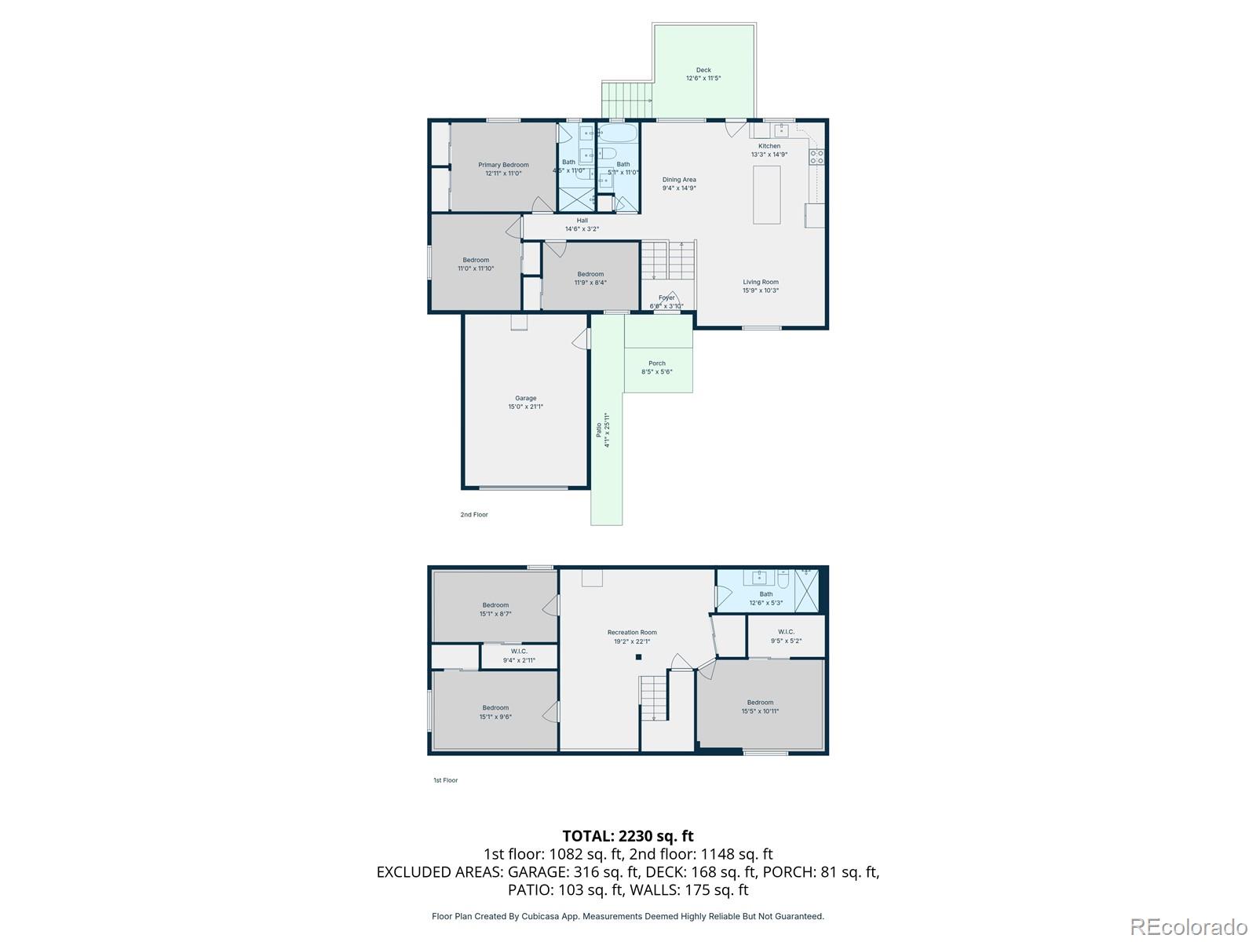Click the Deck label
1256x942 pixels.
tap(703, 71)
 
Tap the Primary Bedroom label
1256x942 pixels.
tap(503, 165)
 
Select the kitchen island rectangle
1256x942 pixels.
tap(767, 195)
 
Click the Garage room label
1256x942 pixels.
tap(525, 399)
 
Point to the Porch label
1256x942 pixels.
tap(657, 363)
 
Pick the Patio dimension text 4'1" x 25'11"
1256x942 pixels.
tap(607, 430)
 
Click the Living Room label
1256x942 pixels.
tap(761, 282)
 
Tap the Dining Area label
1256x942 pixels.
tap(679, 180)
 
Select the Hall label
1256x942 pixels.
tap(582, 221)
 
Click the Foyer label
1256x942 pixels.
tap(666, 298)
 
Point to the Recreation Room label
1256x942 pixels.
tap(632, 633)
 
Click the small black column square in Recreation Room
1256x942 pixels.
tap(638, 657)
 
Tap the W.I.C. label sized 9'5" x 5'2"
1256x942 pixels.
tap(786, 632)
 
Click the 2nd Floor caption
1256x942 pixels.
tap(474, 515)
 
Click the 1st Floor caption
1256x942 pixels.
tap(445, 780)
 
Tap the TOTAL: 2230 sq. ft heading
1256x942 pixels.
tap(628, 836)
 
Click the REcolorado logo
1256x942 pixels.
tap(1189, 927)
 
